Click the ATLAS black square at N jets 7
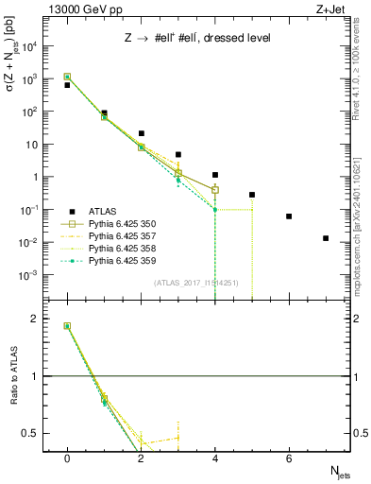coord(326,238)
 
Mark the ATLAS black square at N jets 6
coord(289,216)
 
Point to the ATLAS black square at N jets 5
coord(252,195)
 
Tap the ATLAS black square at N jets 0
coord(67,85)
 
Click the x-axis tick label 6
coord(289,458)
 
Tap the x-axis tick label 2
coord(141,458)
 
